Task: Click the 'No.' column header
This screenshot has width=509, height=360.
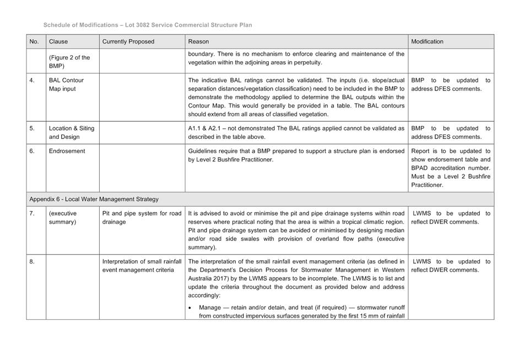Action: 34,41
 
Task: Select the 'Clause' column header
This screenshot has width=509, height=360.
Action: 58,41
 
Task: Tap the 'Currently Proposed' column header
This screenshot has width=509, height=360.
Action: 128,41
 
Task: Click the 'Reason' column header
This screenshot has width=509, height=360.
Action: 198,41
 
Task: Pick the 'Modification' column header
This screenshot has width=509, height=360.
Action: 427,41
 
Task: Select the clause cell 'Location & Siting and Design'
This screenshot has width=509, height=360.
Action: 71,132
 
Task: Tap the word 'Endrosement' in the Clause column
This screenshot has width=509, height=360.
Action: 67,151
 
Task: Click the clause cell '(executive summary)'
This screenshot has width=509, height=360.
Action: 63,217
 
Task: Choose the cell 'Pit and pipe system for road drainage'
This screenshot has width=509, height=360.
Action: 142,217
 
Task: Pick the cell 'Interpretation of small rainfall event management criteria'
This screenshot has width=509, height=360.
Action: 142,265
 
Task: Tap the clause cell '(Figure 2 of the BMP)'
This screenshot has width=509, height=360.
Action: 69,61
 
